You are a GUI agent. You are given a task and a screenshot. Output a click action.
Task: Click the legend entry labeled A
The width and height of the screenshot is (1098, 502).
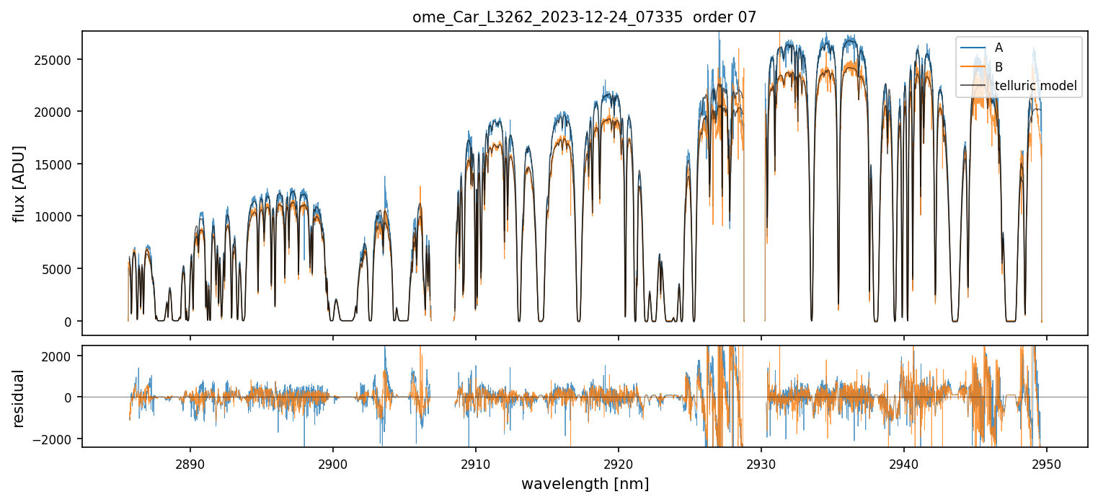point(999,48)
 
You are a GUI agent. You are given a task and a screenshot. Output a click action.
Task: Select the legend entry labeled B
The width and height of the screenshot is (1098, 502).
point(999,67)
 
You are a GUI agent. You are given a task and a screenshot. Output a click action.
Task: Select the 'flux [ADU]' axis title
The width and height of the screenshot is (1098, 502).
point(19,183)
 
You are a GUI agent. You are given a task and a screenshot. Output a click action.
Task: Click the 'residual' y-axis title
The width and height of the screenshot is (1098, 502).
point(19,397)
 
